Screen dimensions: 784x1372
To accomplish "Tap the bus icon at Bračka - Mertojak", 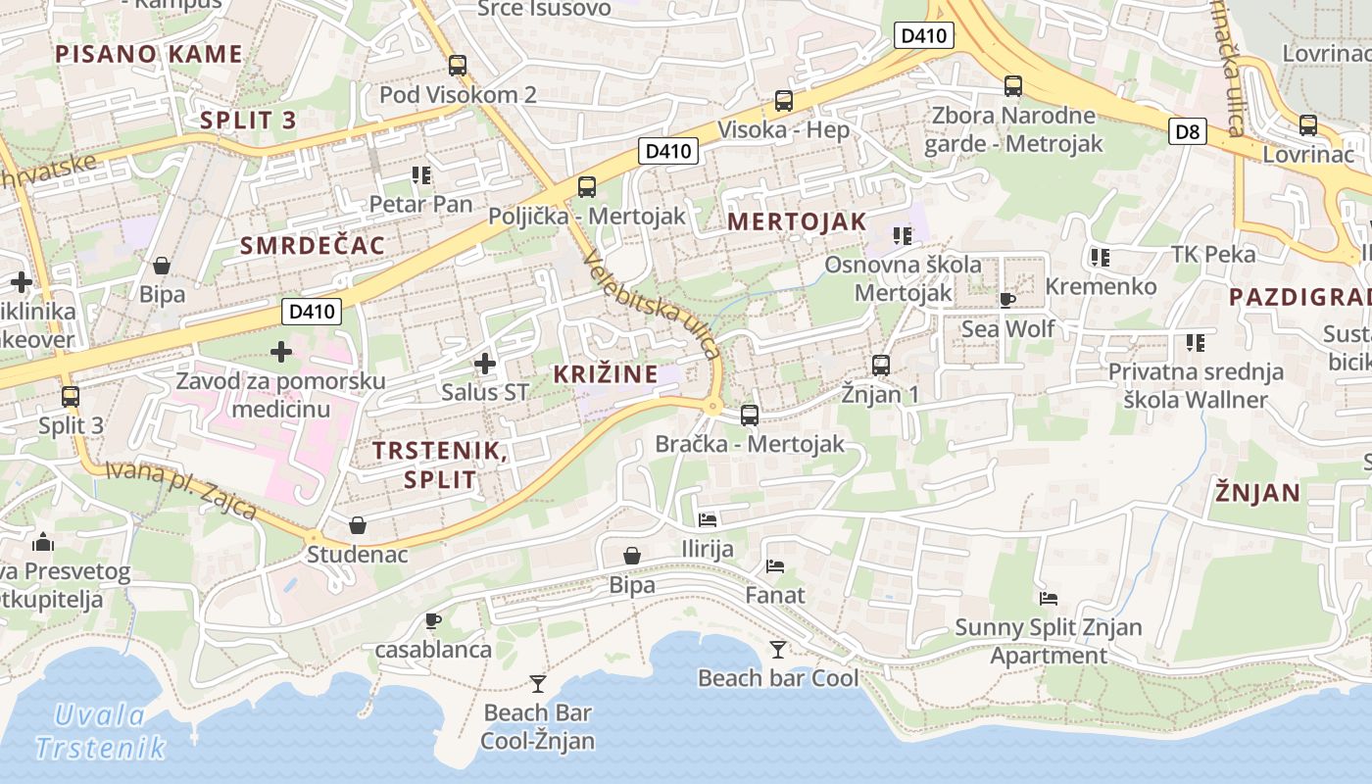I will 750,415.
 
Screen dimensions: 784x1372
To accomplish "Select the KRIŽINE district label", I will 606,373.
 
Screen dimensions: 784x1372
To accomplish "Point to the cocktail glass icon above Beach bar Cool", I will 777,649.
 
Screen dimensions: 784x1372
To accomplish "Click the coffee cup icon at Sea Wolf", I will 1006,300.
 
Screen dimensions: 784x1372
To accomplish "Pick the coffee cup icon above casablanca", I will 433,620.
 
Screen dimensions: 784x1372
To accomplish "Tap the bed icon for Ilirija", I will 708,519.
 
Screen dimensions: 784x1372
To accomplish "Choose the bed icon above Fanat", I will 775,565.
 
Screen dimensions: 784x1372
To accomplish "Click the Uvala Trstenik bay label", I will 100,731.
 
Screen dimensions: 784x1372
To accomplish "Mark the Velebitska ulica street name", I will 652,305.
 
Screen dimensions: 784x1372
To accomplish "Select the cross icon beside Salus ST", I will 484,365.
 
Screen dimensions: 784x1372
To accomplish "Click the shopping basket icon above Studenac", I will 358,525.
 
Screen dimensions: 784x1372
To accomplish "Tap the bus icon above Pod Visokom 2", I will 458,66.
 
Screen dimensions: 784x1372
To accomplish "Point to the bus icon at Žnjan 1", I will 881,366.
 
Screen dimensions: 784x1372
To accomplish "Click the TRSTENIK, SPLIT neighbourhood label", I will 440,465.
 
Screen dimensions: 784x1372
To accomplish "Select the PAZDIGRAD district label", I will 1299,297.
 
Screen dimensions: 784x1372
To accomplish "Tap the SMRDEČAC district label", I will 313,245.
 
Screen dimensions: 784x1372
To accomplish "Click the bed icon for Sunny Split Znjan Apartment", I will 1049,598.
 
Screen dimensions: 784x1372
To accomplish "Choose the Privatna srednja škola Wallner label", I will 1196,385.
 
